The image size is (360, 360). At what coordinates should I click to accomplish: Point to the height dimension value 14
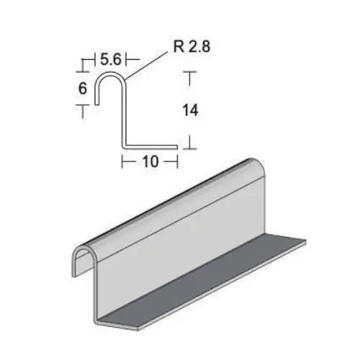[x=190, y=110]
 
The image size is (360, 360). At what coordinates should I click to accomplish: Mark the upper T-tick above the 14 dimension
[x=190, y=75]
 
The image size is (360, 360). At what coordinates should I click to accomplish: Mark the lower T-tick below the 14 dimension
[x=190, y=144]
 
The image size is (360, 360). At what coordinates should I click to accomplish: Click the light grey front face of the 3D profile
[x=180, y=245]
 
